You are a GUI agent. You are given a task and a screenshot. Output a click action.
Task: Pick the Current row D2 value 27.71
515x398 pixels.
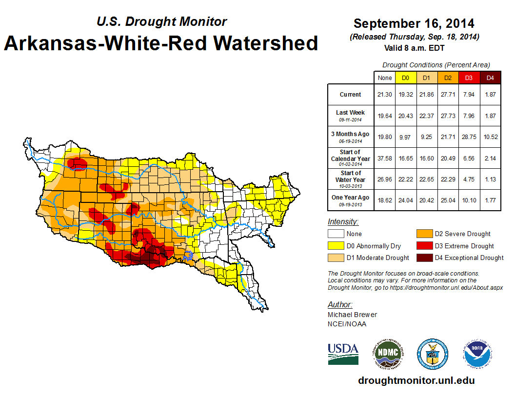448,95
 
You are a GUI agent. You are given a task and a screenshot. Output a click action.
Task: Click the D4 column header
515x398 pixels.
490,78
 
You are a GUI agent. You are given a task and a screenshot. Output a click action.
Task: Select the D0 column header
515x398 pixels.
405,78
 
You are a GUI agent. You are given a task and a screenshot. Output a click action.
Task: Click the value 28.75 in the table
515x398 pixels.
469,137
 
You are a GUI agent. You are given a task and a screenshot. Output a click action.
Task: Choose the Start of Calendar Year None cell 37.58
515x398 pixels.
384,158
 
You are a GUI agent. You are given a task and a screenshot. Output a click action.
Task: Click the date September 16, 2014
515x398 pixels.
414,23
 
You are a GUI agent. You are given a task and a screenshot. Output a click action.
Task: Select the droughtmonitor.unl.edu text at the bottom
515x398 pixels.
416,380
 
